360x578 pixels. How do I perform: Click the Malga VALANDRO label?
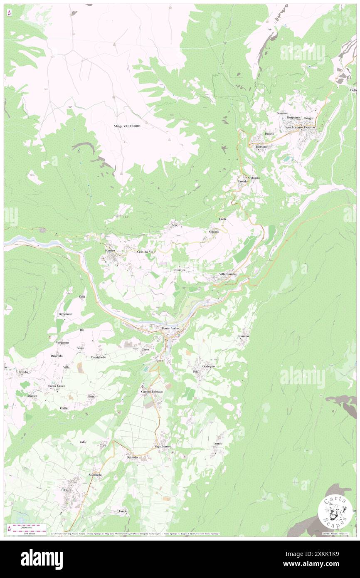[127, 126]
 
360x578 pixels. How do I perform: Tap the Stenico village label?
[110, 251]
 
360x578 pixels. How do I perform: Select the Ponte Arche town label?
[170, 329]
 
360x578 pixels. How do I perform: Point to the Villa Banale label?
[227, 274]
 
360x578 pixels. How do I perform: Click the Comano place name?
[243, 336]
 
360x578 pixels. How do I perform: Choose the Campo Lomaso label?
[152, 392]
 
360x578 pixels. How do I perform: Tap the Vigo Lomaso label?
[163, 446]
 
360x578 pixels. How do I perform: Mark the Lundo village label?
[218, 443]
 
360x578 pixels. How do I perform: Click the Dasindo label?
[129, 457]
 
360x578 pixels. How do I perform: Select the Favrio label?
[123, 511]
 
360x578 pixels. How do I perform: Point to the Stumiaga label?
[95, 474]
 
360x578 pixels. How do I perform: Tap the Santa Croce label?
[57, 386]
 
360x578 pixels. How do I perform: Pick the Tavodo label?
[242, 182]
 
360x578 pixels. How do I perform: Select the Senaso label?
[282, 113]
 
